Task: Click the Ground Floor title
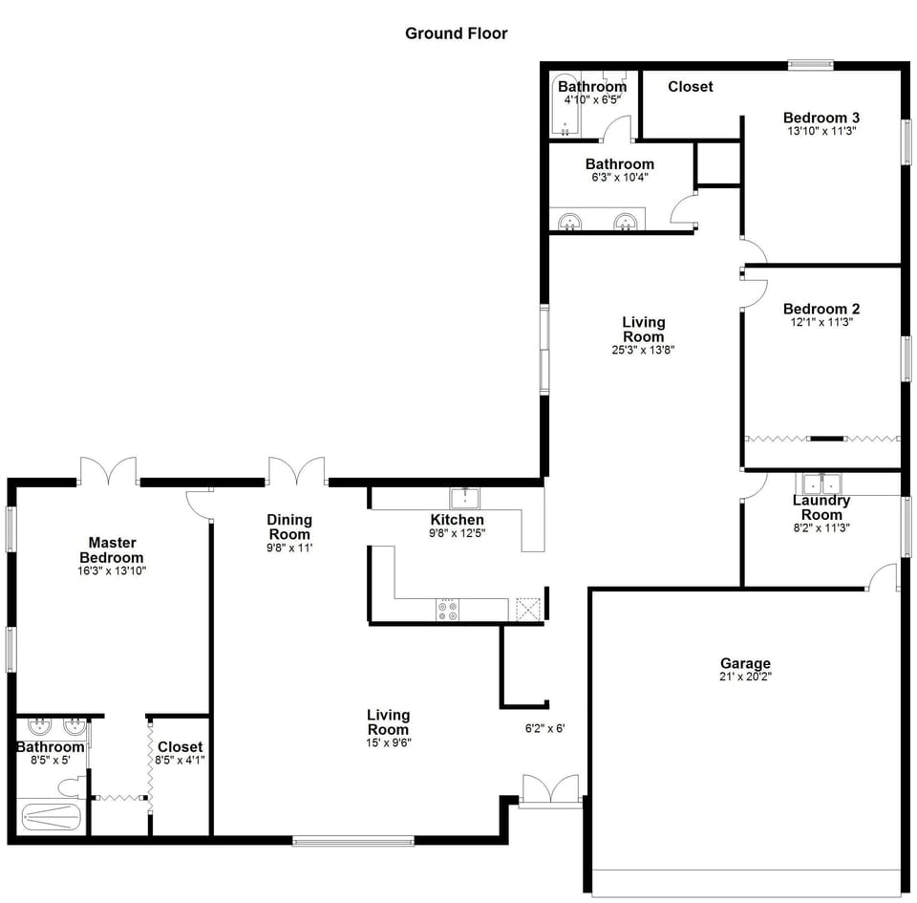(x=456, y=33)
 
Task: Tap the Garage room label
(x=745, y=663)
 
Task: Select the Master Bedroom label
(x=111, y=549)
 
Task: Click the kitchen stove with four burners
(x=446, y=610)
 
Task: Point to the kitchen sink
(x=465, y=498)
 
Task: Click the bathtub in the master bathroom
(x=52, y=816)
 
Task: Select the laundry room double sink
(x=818, y=482)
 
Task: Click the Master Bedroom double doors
(x=109, y=471)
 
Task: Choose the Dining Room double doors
(x=297, y=471)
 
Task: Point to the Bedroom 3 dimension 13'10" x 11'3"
(x=821, y=131)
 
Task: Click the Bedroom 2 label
(x=821, y=309)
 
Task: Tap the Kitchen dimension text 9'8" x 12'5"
(x=457, y=533)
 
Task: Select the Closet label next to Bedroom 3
(x=690, y=87)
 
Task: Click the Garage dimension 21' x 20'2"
(x=745, y=677)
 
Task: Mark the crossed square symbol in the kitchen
(x=527, y=610)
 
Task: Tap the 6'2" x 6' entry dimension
(x=545, y=728)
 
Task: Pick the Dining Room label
(x=288, y=527)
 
